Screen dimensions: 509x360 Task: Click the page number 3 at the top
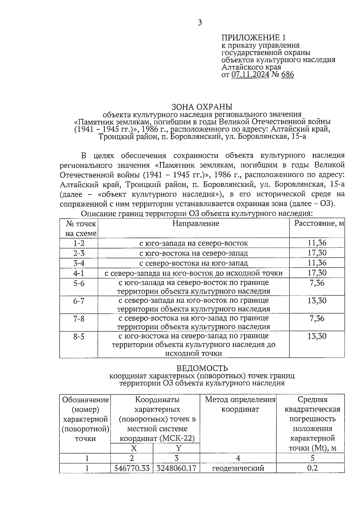point(200,23)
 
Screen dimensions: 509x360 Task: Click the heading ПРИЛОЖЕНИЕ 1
point(253,38)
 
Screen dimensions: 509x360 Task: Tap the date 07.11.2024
point(250,74)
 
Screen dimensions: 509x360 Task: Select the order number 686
point(288,74)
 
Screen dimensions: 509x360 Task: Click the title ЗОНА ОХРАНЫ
point(202,107)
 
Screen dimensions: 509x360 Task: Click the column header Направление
point(196,223)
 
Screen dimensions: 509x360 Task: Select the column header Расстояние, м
point(319,223)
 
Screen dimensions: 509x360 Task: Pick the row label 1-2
point(79,243)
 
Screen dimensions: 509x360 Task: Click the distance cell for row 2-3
point(317,253)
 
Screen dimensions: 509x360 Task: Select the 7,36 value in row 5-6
point(317,283)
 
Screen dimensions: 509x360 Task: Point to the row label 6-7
point(79,301)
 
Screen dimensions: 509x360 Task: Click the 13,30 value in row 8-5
point(317,336)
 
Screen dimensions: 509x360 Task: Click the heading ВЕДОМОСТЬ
point(202,368)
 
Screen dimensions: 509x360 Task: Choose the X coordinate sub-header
point(134,448)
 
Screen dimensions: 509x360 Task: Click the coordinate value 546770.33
point(132,468)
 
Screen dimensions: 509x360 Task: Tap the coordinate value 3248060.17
point(176,468)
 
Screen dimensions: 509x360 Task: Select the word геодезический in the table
point(238,468)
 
